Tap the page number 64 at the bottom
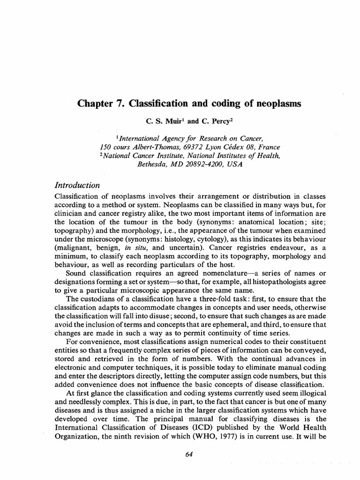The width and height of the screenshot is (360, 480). tap(189, 455)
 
